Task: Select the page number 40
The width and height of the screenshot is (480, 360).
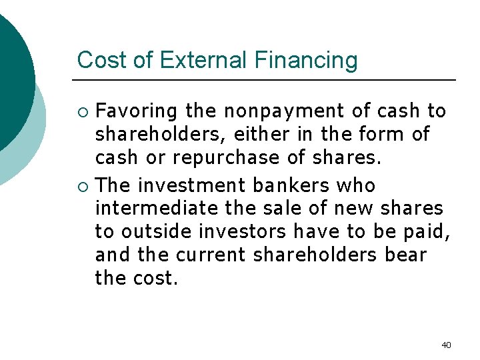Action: (x=446, y=345)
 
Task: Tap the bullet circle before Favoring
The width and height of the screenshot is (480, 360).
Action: (x=83, y=111)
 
